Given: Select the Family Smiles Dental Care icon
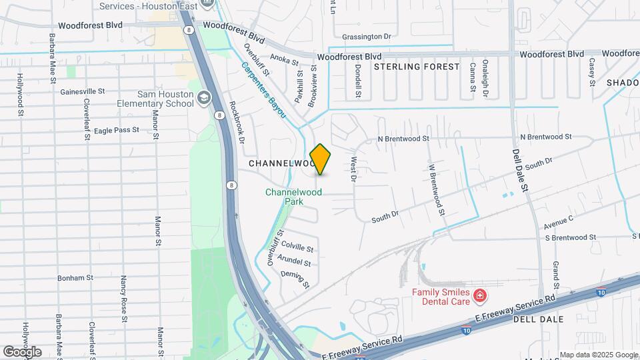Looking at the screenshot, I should [x=479, y=295].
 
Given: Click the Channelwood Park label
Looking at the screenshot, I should [x=293, y=196].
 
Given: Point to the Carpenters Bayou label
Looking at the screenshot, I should [x=263, y=91].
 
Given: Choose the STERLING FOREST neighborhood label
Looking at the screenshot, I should [x=417, y=67].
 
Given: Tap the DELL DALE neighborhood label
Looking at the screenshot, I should [x=538, y=319].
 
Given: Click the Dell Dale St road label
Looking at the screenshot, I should [x=520, y=169].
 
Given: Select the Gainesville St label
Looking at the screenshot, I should [x=83, y=91].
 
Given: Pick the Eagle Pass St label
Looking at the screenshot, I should [x=116, y=130].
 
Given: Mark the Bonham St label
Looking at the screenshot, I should [x=75, y=278].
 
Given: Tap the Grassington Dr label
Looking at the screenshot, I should [x=365, y=37].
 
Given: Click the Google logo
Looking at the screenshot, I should [x=22, y=351].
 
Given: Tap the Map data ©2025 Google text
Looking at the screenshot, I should [x=599, y=355].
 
